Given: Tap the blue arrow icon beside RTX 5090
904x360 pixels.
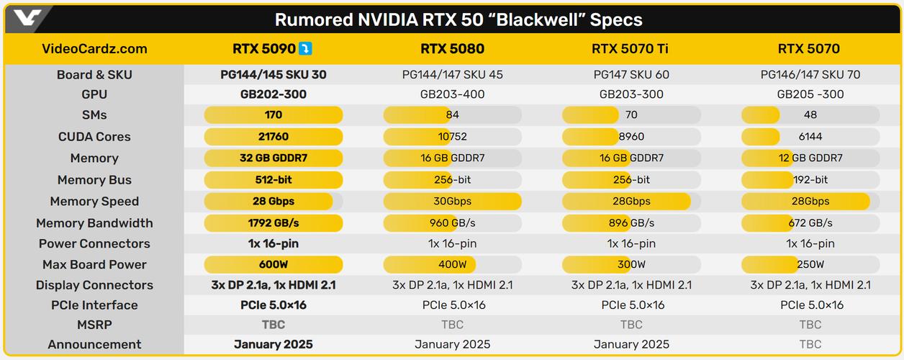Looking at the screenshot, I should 306,49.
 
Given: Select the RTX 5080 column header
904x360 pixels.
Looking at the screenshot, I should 452,49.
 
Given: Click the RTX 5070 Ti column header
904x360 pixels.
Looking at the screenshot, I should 631,49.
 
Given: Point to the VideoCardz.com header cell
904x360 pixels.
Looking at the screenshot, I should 94,49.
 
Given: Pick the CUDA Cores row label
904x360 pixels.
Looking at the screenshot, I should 94,137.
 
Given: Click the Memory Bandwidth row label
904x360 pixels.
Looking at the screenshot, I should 94,223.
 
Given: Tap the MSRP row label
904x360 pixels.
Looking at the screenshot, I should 94,325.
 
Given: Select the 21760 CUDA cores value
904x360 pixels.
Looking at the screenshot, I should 274,137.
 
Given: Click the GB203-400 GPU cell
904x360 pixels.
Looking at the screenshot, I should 452,94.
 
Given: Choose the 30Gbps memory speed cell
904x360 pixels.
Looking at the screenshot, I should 452,202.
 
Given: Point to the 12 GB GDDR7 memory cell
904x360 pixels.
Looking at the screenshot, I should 810,158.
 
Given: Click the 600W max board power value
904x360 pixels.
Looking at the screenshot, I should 274,265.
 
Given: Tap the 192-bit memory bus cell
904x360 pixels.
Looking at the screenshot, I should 810,180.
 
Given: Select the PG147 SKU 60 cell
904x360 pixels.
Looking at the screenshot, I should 631,75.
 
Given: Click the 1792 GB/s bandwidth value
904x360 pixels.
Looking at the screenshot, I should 274,223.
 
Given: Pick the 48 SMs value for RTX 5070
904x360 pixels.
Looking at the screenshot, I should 810,115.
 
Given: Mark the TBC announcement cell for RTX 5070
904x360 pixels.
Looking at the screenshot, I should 810,344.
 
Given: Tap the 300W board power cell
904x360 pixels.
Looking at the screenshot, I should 631,265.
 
